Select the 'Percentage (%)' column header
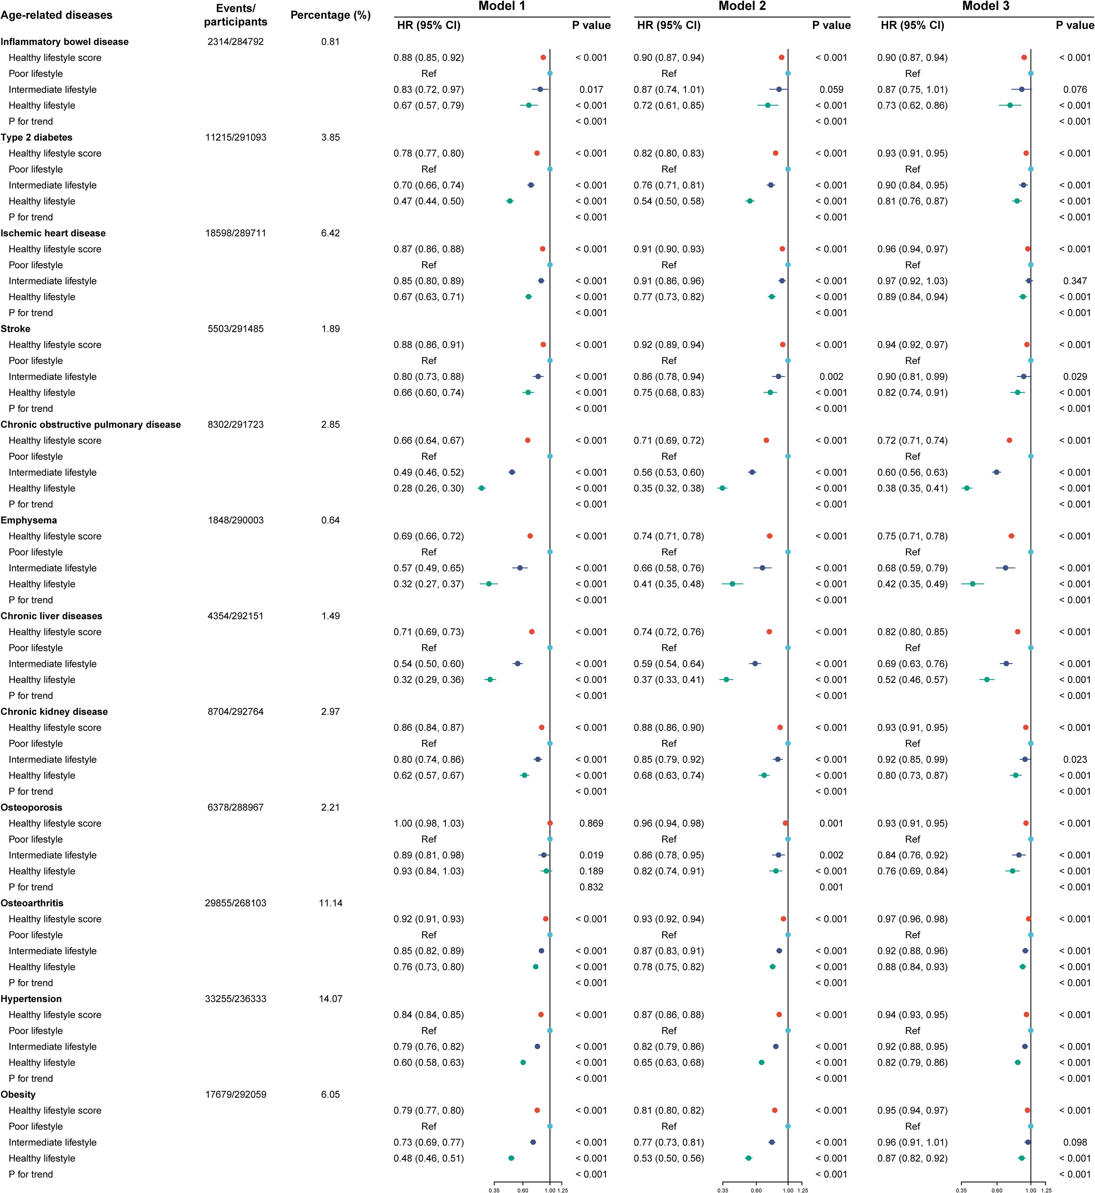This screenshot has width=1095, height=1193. tap(330, 15)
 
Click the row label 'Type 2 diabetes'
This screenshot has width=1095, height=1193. tap(37, 137)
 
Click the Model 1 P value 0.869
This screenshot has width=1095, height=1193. tap(591, 824)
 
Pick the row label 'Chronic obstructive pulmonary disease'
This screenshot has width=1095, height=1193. tap(91, 424)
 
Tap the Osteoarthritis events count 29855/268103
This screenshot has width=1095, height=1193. tap(235, 903)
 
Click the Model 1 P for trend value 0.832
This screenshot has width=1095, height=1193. tap(591, 887)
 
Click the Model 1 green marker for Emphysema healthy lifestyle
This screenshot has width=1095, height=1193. tap(489, 584)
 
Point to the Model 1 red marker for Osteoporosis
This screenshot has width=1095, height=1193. tap(550, 823)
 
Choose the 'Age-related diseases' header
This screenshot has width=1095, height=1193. tap(56, 15)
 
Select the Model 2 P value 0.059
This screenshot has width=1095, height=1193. tap(831, 89)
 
